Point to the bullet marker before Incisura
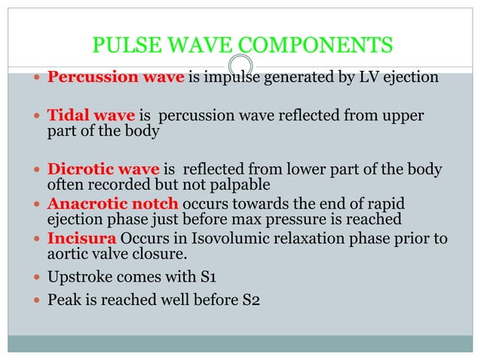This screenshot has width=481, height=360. tap(38, 239)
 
